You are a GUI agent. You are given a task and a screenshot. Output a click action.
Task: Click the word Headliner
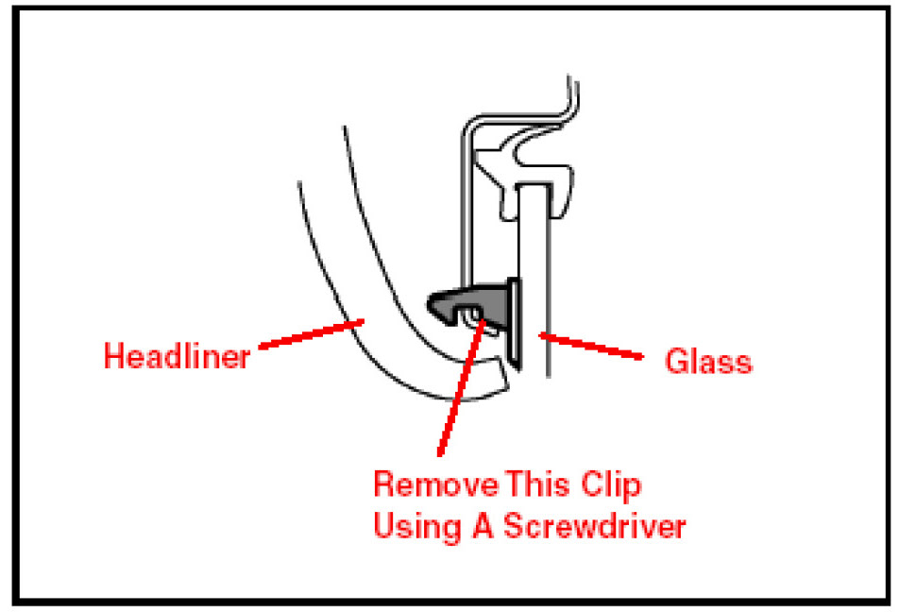click(176, 358)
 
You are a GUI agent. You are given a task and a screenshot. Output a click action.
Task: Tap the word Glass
click(708, 362)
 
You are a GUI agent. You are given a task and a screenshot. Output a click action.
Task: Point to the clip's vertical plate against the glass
click(513, 321)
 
